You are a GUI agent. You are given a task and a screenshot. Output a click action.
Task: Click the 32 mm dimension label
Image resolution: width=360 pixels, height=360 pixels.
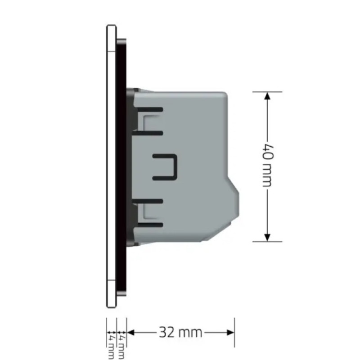coord(180,332)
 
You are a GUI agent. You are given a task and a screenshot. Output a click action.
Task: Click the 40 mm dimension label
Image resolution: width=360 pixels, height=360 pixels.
coord(268,166)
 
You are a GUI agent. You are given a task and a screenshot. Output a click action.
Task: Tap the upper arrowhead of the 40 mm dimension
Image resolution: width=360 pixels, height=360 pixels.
coord(267,96)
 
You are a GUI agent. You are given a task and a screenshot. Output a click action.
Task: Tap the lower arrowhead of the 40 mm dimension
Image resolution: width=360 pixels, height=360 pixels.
coord(267,238)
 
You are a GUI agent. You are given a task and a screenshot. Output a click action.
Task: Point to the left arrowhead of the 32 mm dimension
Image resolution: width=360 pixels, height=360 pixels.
coord(130,332)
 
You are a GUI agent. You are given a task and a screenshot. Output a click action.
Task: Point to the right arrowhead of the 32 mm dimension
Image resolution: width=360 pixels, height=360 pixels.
coord(230,332)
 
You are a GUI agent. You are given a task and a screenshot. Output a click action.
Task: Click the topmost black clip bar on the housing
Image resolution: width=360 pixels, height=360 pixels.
coord(150,109)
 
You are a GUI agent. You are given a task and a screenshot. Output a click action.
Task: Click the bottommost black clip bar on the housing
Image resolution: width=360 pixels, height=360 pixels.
coord(150,225)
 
